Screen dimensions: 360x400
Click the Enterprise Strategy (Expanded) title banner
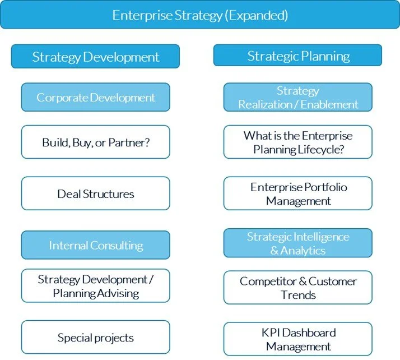(x=199, y=15)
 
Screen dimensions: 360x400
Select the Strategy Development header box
(x=95, y=57)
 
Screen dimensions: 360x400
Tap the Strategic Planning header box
(x=298, y=56)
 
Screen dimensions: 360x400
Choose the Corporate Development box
(x=95, y=98)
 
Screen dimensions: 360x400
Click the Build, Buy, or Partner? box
(x=95, y=142)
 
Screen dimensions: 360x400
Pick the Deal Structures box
(x=95, y=194)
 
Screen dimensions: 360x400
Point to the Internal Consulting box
(x=95, y=246)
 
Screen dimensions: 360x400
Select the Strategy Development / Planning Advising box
(x=95, y=286)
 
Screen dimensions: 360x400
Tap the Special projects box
(x=95, y=338)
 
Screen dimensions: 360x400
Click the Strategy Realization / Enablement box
(x=298, y=98)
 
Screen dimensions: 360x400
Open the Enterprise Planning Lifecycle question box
(x=298, y=142)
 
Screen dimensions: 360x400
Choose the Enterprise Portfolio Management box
(x=298, y=194)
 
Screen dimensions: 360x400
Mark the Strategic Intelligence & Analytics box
(x=298, y=243)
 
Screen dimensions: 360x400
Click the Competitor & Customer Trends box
(x=298, y=288)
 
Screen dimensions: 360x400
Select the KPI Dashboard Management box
(x=298, y=339)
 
